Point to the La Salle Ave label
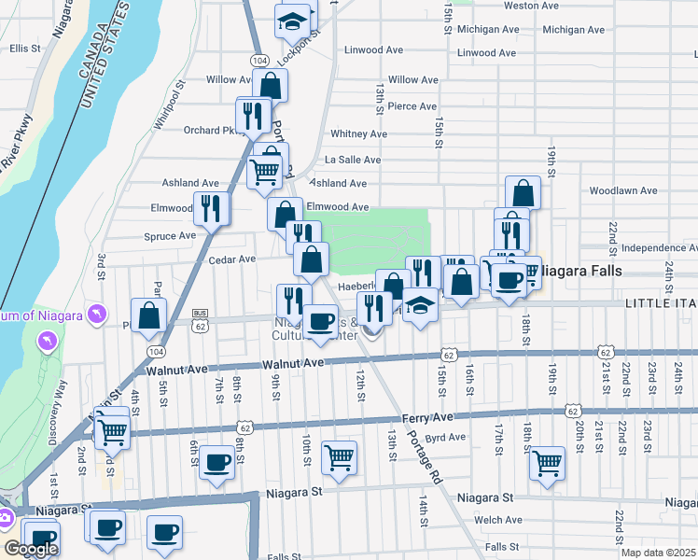[353, 161]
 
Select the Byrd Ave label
[445, 437]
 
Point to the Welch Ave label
[498, 520]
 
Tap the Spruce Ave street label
[170, 236]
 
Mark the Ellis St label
[25, 48]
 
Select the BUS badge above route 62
[199, 314]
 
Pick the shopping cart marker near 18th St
[547, 462]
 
